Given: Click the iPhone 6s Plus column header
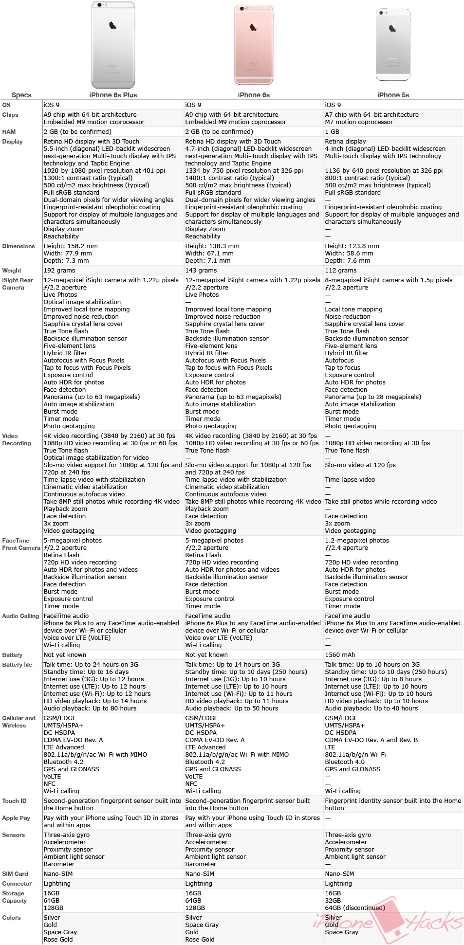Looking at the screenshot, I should tap(113, 95).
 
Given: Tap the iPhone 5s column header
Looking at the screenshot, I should tap(393, 95).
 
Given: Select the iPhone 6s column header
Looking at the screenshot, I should tap(254, 95).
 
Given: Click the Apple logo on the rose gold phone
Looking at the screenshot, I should tap(254, 27).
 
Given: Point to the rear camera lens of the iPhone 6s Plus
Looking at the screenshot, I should tap(99, 5).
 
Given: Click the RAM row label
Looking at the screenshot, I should tap(9, 132).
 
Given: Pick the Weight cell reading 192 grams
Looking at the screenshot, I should tap(59, 271).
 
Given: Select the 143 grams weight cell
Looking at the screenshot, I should tap(201, 271).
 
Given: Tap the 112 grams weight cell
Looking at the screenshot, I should tap(341, 271).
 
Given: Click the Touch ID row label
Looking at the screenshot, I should tap(14, 801).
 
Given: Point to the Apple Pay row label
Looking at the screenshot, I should tap(16, 818).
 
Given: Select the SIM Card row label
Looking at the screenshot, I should tap(15, 874).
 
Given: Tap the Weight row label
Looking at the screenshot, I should tap(12, 271).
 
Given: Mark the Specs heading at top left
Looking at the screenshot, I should tap(21, 95).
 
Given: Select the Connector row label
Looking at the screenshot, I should tap(17, 884).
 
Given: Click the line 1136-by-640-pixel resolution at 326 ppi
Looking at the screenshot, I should tap(384, 171).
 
